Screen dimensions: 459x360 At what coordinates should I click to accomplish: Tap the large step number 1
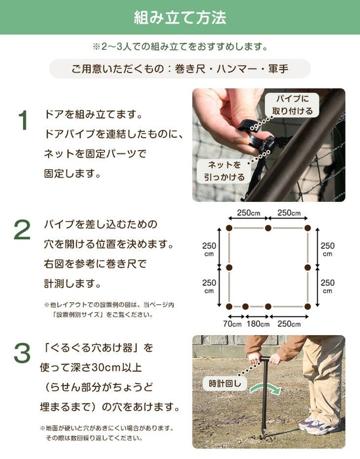[x=24, y=121]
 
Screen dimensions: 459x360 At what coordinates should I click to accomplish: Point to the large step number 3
[x=24, y=355]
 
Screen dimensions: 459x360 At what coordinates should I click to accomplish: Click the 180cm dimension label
[x=257, y=323]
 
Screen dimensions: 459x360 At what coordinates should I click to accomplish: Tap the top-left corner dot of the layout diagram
[x=229, y=228]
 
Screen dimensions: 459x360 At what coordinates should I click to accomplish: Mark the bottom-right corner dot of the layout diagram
[x=308, y=306]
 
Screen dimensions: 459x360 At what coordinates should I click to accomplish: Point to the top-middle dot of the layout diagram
[x=268, y=228]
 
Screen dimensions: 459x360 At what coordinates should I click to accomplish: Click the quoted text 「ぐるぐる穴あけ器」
[x=98, y=347]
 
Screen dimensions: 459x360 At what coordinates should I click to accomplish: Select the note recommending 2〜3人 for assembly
[x=180, y=47]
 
